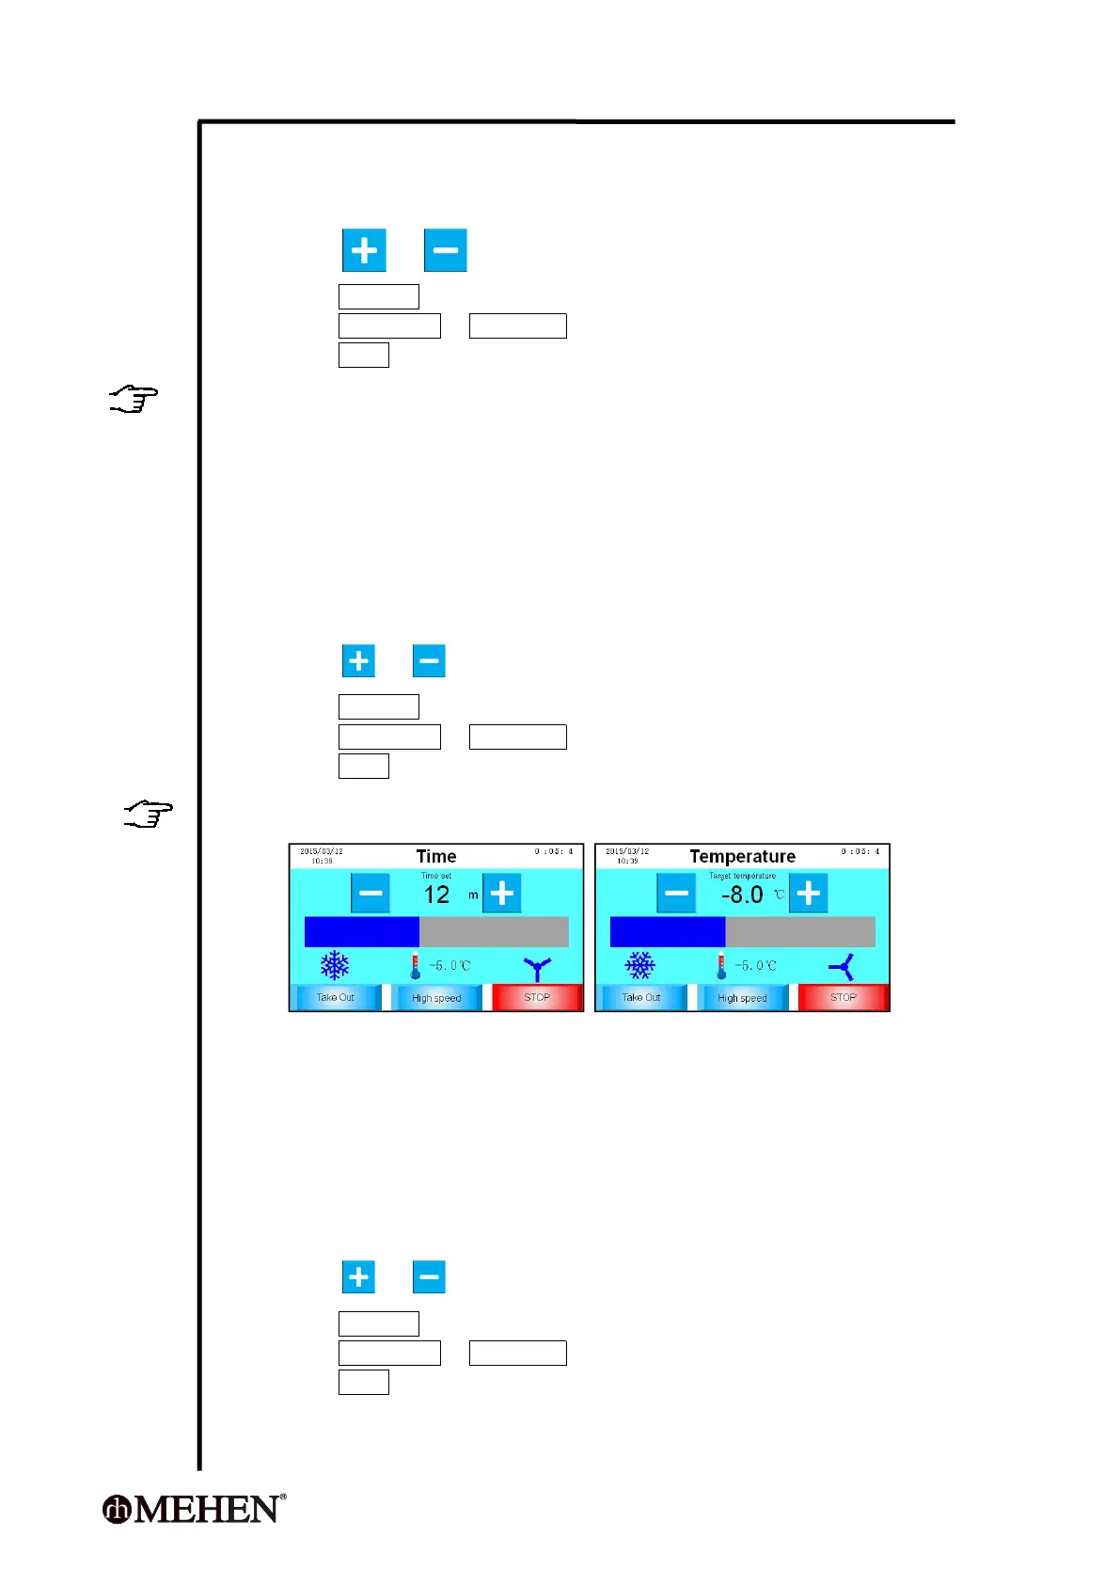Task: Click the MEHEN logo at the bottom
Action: pyautogui.click(x=194, y=1509)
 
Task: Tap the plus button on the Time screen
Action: pyautogui.click(x=502, y=893)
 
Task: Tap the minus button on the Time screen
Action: pyautogui.click(x=371, y=893)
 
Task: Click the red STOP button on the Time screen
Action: pyautogui.click(x=537, y=997)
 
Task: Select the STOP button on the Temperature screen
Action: pyautogui.click(x=843, y=997)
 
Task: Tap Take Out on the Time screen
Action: pyautogui.click(x=336, y=997)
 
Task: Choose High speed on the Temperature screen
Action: pyautogui.click(x=742, y=997)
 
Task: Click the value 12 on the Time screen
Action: pyautogui.click(x=436, y=895)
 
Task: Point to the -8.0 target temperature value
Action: pyautogui.click(x=742, y=895)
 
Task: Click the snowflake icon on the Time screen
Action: pyautogui.click(x=335, y=965)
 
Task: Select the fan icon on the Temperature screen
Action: pyautogui.click(x=842, y=966)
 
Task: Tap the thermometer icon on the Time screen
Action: pyautogui.click(x=416, y=966)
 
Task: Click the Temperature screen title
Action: pyautogui.click(x=742, y=856)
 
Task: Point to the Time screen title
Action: pyautogui.click(x=436, y=856)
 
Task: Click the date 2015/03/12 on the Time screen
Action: pyautogui.click(x=322, y=851)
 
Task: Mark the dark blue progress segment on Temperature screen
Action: pyautogui.click(x=668, y=931)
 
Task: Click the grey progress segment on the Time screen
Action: pyautogui.click(x=494, y=931)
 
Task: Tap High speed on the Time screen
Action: pyautogui.click(x=436, y=997)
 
